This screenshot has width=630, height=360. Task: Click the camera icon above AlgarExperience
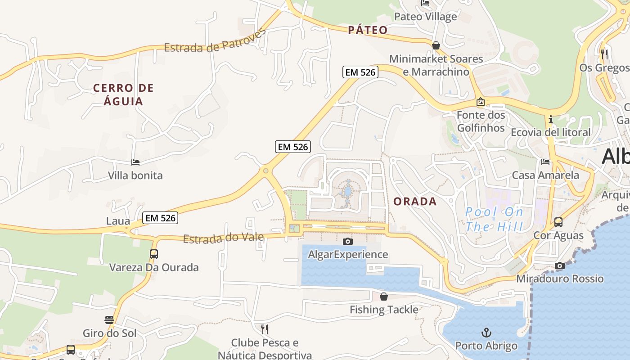click(x=347, y=242)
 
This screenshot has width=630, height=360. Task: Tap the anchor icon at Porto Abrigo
click(x=486, y=333)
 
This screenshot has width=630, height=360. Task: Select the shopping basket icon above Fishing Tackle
click(x=384, y=297)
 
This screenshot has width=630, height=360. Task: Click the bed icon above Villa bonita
click(x=135, y=162)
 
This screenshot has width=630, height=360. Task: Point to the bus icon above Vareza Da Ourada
click(x=154, y=254)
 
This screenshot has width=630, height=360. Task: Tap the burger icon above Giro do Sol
click(x=109, y=320)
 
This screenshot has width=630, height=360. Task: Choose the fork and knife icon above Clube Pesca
click(x=265, y=329)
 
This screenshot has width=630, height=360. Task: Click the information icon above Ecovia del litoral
click(x=550, y=120)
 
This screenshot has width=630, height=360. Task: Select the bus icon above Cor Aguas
click(x=558, y=222)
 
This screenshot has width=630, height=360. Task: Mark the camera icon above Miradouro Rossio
click(x=559, y=266)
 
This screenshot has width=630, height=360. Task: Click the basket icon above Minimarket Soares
click(x=436, y=45)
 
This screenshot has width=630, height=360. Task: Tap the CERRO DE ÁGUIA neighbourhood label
click(x=123, y=94)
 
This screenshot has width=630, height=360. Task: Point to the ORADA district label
click(x=415, y=202)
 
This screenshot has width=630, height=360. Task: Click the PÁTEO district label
click(x=368, y=30)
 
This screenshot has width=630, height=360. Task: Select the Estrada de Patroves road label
click(x=215, y=41)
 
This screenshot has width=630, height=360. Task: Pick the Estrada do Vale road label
click(x=223, y=237)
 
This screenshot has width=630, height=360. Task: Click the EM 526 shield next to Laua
click(x=161, y=218)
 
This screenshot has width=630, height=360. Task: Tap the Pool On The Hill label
click(x=494, y=219)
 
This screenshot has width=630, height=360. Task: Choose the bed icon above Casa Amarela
click(x=545, y=162)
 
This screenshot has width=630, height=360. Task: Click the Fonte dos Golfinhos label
click(x=481, y=121)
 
